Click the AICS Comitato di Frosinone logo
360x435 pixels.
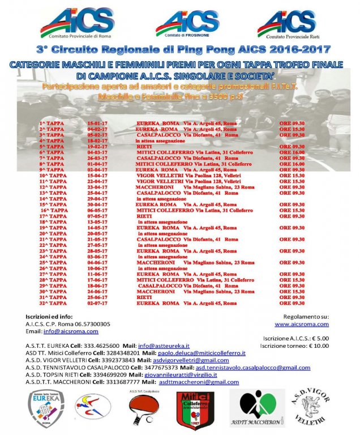(187, 24)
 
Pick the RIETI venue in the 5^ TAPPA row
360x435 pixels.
(144, 146)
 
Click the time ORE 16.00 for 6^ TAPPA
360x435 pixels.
(292, 152)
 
